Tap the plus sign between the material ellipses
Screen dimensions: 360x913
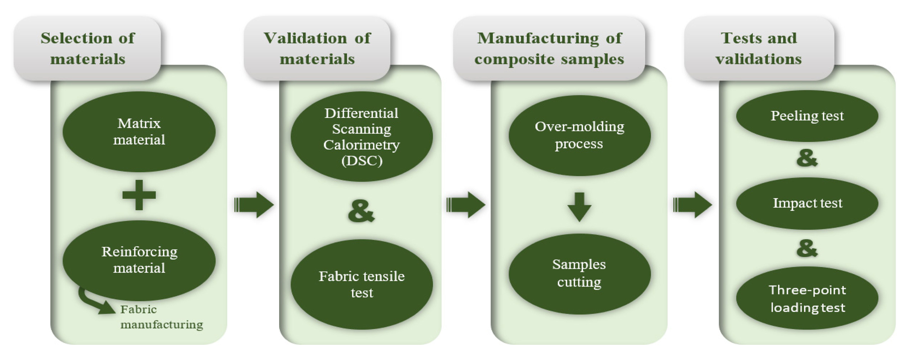coord(139,195)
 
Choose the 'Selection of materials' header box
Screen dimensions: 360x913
coord(88,48)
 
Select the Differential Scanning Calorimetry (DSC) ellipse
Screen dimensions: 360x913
coord(361,137)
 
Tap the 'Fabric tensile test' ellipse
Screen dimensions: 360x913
coord(361,284)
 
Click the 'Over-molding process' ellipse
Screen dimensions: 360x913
coord(579,135)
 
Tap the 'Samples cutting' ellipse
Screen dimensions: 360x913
coord(579,274)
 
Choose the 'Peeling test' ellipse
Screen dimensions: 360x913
coord(807,116)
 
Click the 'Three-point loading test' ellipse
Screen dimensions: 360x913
coord(807,298)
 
